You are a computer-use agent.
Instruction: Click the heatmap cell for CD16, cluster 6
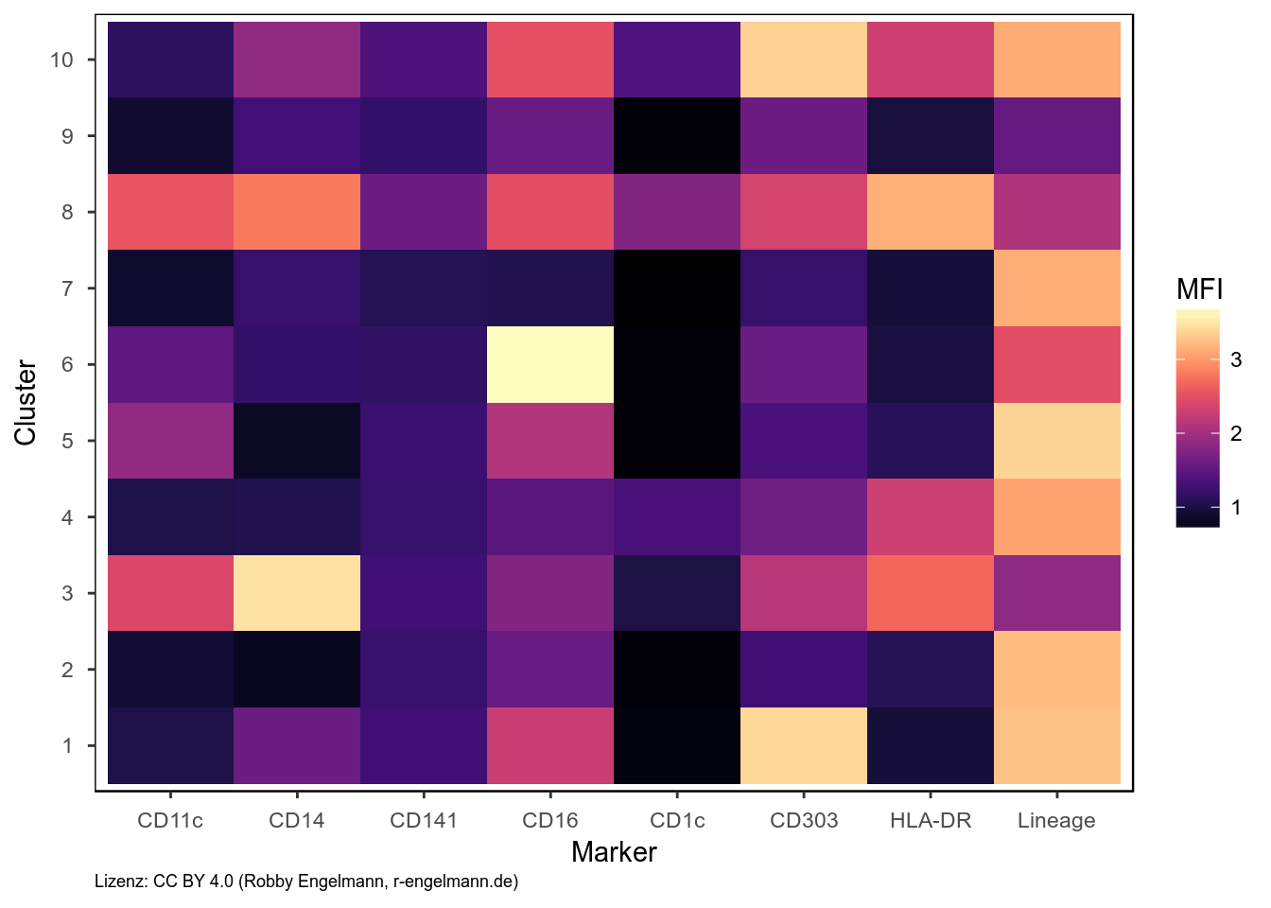[550, 364]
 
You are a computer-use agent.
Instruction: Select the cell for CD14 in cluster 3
[297, 593]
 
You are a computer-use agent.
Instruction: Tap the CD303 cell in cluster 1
[804, 745]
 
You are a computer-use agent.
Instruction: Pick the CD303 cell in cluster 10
[804, 60]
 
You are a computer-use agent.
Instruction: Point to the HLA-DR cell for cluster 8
[931, 212]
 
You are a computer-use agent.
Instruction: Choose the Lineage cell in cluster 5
[1057, 441]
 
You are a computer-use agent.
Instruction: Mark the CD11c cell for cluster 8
[170, 212]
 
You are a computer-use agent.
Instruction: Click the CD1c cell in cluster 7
[677, 288]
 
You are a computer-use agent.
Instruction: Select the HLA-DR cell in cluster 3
[931, 593]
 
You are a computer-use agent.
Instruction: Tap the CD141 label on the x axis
[424, 820]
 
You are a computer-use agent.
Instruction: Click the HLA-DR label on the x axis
[931, 820]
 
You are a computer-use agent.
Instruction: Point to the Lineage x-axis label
[1056, 820]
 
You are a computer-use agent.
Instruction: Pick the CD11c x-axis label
[170, 820]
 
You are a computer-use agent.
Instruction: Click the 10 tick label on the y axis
[61, 60]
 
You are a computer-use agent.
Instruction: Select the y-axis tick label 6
[67, 364]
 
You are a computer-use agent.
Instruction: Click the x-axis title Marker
[614, 852]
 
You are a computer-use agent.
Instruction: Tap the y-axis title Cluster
[26, 402]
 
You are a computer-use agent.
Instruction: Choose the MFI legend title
[1200, 288]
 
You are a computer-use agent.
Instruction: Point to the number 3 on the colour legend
[1236, 359]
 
